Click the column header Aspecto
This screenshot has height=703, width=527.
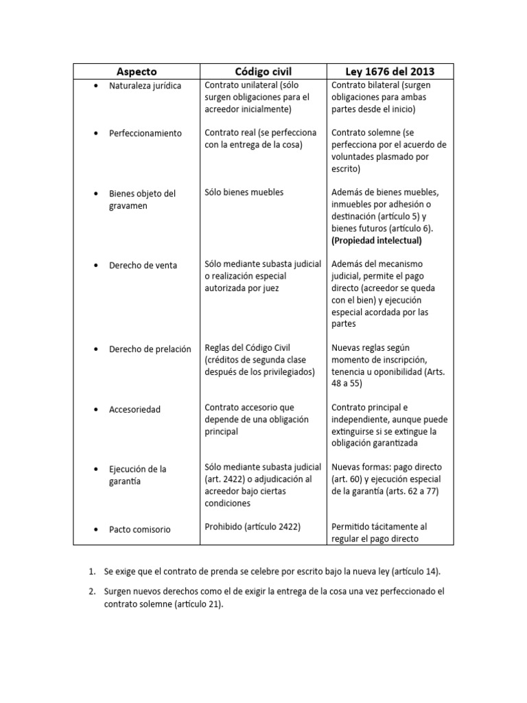[x=136, y=71]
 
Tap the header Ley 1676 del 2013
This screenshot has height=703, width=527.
[x=390, y=71]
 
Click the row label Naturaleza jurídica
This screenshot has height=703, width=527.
[x=145, y=86]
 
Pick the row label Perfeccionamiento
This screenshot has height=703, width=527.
[x=145, y=133]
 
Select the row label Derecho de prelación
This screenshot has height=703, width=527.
[x=150, y=349]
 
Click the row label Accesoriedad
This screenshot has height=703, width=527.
[x=134, y=409]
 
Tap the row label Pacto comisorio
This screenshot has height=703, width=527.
[x=140, y=529]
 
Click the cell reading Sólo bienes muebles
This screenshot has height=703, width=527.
[x=244, y=192]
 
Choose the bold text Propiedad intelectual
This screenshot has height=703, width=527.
[x=377, y=240]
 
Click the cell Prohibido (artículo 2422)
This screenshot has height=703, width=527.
[x=253, y=527]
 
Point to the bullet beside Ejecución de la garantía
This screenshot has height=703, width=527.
[x=95, y=469]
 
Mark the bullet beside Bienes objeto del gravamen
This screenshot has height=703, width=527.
[x=95, y=194]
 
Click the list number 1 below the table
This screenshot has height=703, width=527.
[x=91, y=571]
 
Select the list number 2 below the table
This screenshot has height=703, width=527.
[x=91, y=591]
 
